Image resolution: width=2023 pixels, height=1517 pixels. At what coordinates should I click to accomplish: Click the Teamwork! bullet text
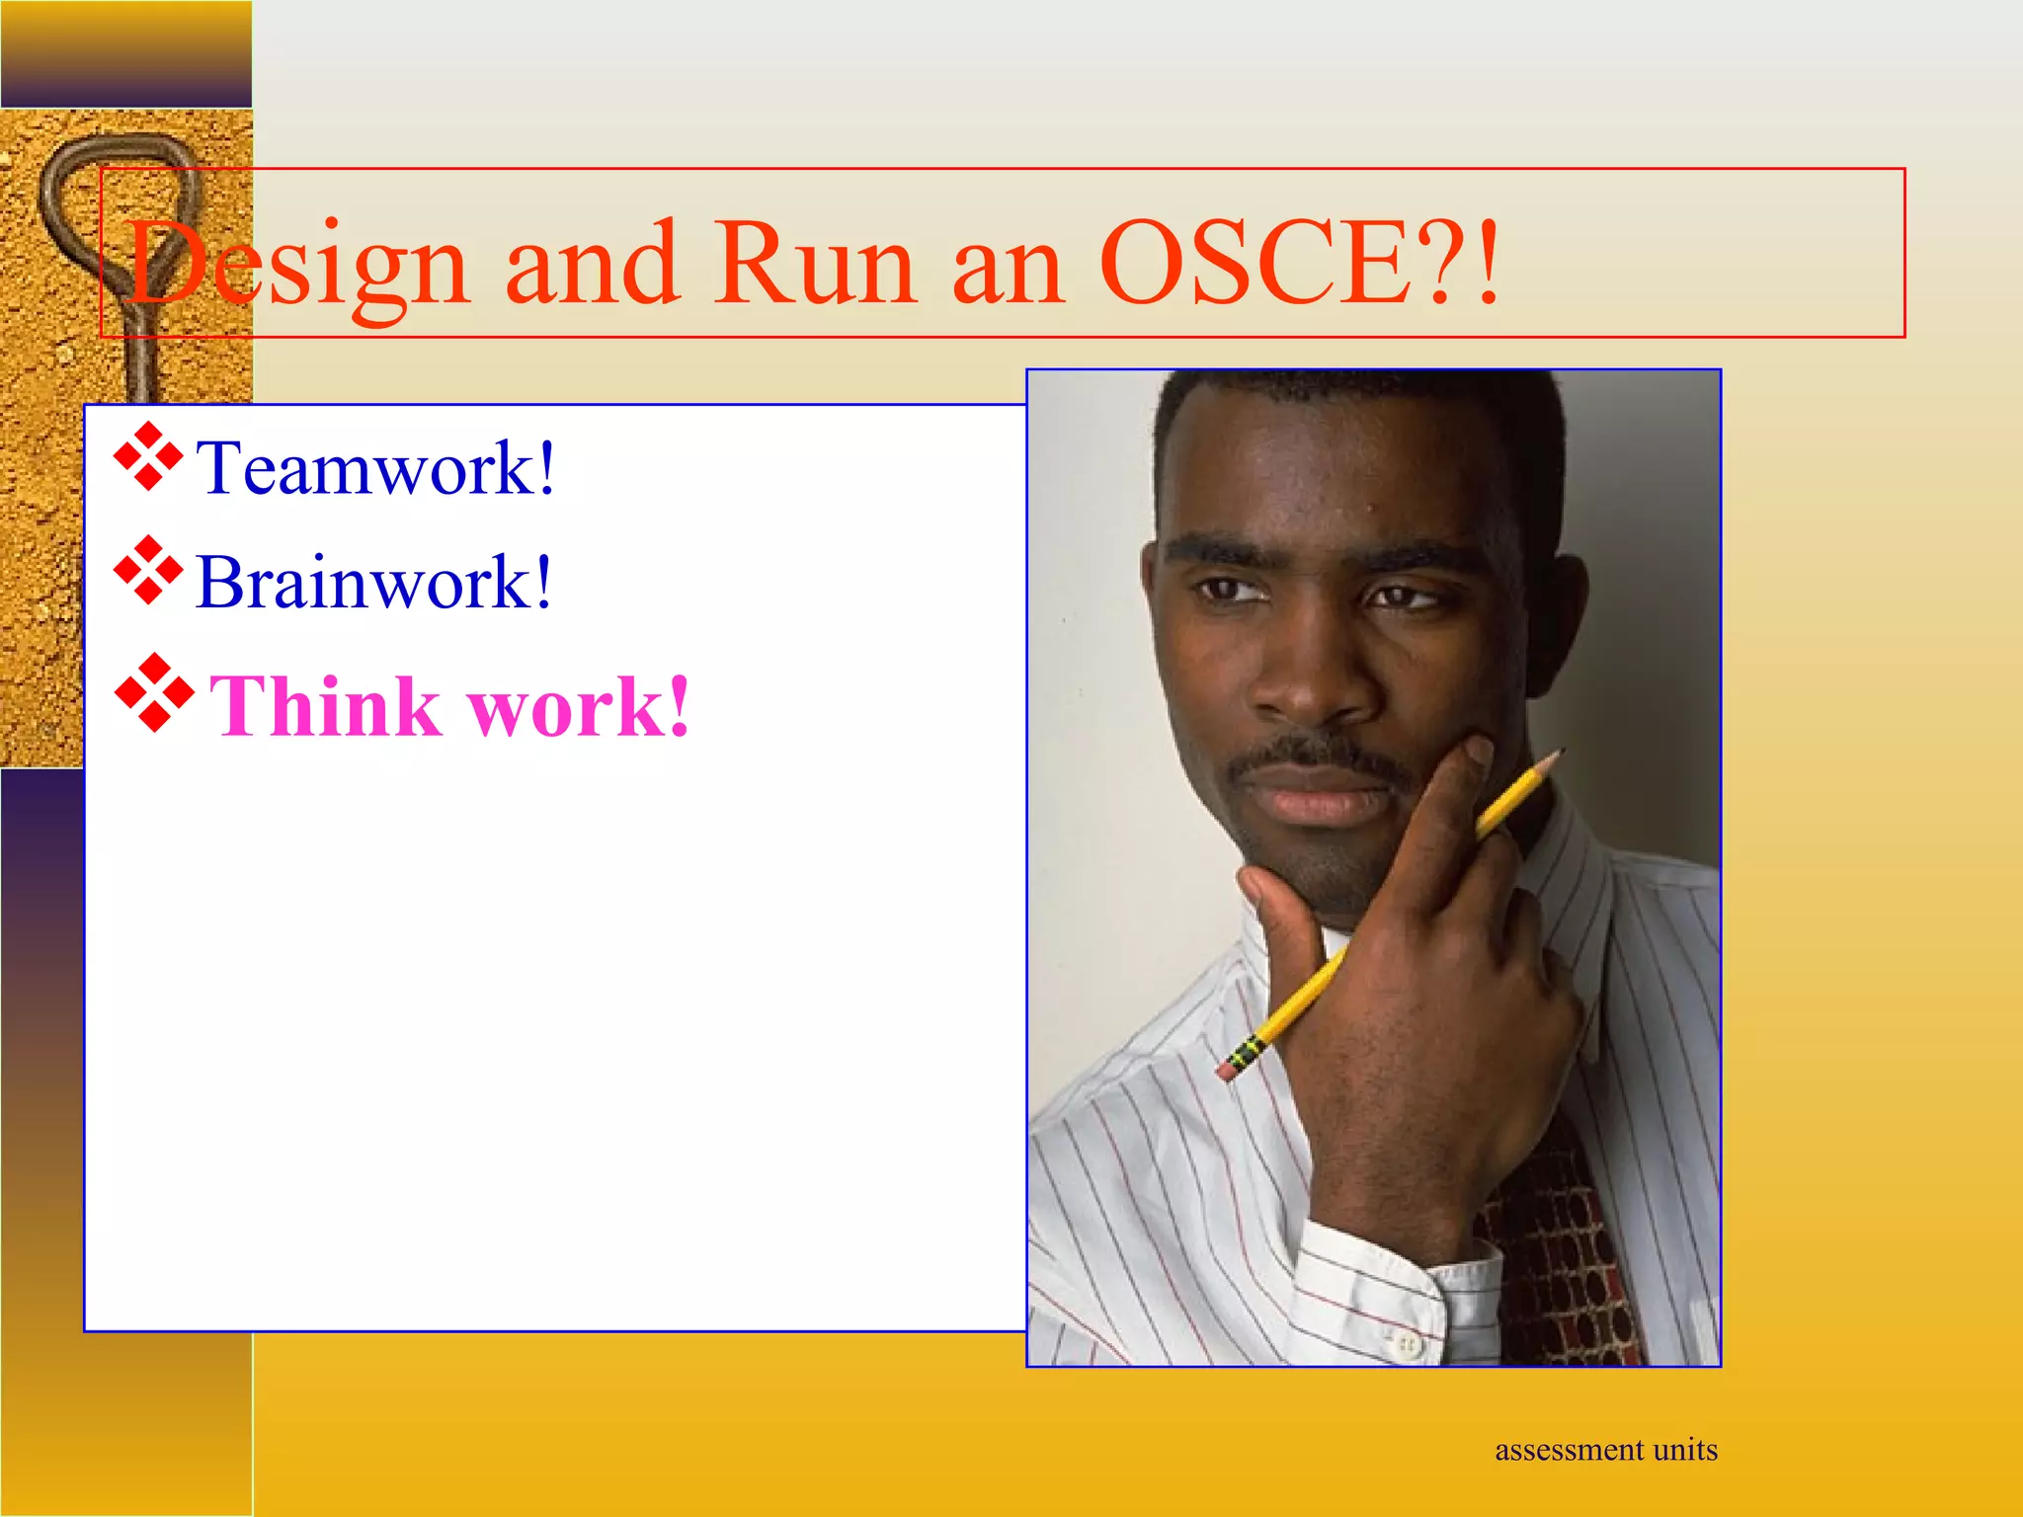375,468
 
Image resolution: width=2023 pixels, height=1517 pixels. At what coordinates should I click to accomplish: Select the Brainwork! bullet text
373,583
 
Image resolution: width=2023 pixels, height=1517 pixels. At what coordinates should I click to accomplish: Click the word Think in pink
325,707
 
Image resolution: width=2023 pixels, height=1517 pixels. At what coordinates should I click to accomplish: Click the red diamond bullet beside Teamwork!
148,456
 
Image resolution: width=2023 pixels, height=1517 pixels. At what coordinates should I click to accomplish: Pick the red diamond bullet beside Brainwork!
148,570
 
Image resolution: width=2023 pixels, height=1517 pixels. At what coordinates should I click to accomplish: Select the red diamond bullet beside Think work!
154,693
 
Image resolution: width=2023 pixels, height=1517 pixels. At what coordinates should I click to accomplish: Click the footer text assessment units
1605,1450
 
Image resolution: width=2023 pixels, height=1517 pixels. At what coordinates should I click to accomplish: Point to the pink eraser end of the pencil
1228,1070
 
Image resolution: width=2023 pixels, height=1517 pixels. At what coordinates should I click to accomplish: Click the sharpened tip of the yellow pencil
1559,753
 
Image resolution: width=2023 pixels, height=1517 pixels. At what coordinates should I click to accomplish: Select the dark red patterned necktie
1561,1264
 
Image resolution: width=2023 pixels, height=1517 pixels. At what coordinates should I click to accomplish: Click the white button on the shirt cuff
1408,1344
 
